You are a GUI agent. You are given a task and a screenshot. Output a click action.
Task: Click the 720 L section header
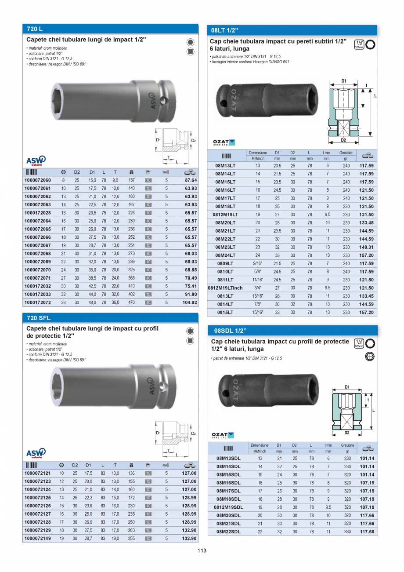[35, 29]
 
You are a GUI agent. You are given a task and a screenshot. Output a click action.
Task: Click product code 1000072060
[38, 180]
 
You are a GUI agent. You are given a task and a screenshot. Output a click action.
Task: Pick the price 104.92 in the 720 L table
[189, 302]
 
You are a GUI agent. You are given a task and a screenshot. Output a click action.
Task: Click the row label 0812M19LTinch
[225, 288]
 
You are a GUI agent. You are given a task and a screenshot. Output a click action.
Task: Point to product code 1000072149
[38, 538]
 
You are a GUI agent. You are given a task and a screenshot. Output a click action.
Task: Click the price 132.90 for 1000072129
[189, 530]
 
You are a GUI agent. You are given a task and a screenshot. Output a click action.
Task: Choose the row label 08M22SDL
[228, 532]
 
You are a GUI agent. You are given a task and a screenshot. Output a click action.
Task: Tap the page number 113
[202, 550]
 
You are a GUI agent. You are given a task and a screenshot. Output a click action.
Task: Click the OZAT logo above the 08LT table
[224, 142]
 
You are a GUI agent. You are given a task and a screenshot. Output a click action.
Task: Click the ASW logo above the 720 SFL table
[36, 452]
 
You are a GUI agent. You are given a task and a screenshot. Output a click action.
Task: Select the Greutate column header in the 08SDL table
[347, 445]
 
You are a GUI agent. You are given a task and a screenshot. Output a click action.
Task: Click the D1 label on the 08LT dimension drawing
[344, 81]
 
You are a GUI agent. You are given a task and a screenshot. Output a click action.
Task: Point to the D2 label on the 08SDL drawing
[346, 433]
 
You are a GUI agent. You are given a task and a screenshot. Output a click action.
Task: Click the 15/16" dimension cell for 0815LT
[258, 312]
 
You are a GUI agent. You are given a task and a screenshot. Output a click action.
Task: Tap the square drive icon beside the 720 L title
[190, 52]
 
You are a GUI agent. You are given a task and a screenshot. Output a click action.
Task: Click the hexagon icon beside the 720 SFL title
[190, 331]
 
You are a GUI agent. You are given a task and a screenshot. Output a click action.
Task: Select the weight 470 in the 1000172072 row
[131, 302]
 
